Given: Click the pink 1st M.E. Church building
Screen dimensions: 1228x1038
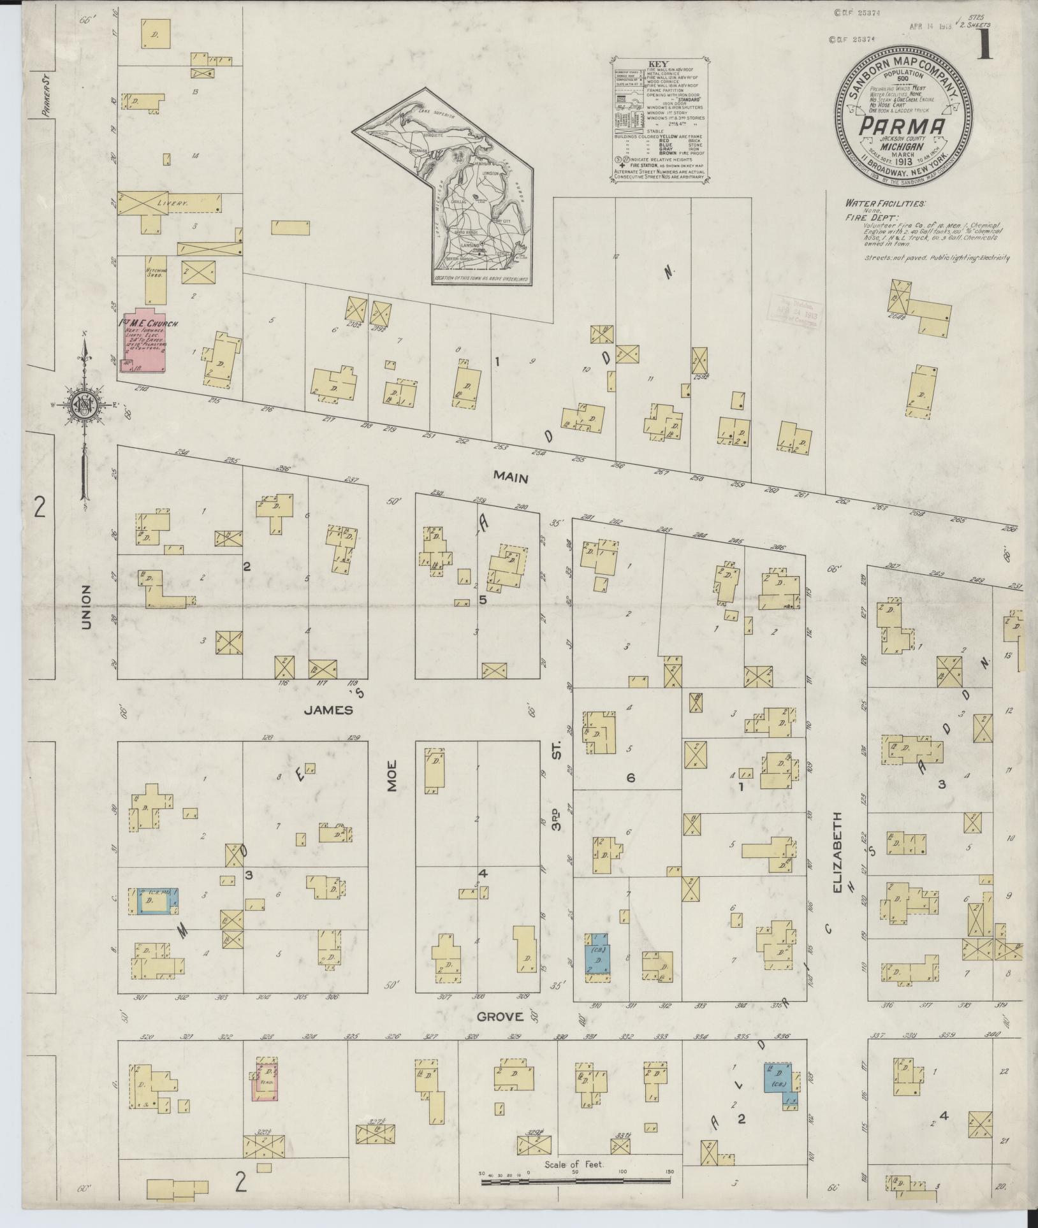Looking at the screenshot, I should [x=143, y=345].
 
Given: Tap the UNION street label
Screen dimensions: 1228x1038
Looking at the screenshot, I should [x=87, y=607].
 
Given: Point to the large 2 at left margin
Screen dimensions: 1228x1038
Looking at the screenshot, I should [x=40, y=508].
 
